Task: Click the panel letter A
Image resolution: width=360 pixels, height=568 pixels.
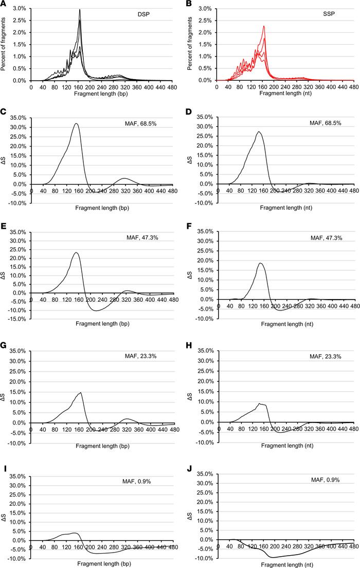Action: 4,5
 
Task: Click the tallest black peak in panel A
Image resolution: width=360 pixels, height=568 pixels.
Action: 80,10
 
